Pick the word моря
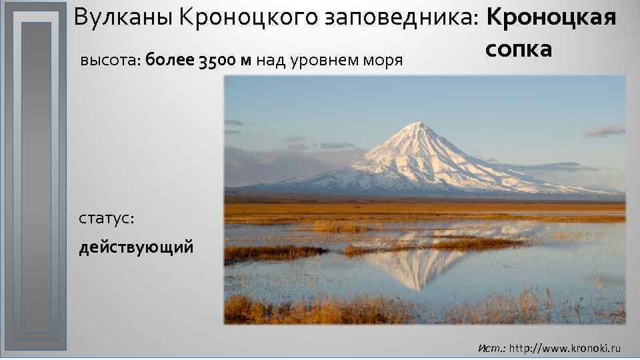pos(382,61)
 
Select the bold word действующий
pos(137,248)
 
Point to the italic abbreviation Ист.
pos(491,348)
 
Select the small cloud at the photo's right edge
pos(604,130)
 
